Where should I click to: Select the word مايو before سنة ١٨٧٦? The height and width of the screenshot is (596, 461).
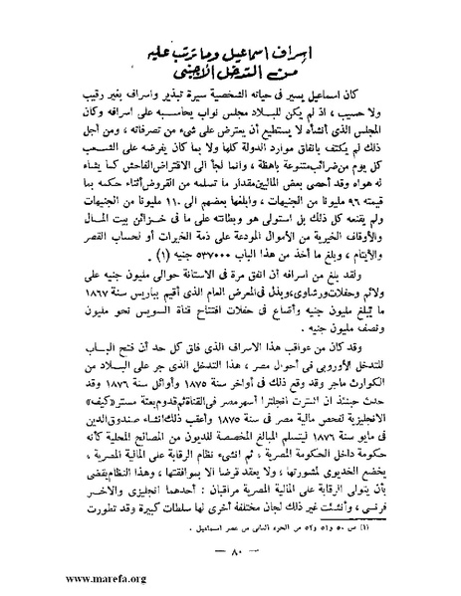381,455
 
